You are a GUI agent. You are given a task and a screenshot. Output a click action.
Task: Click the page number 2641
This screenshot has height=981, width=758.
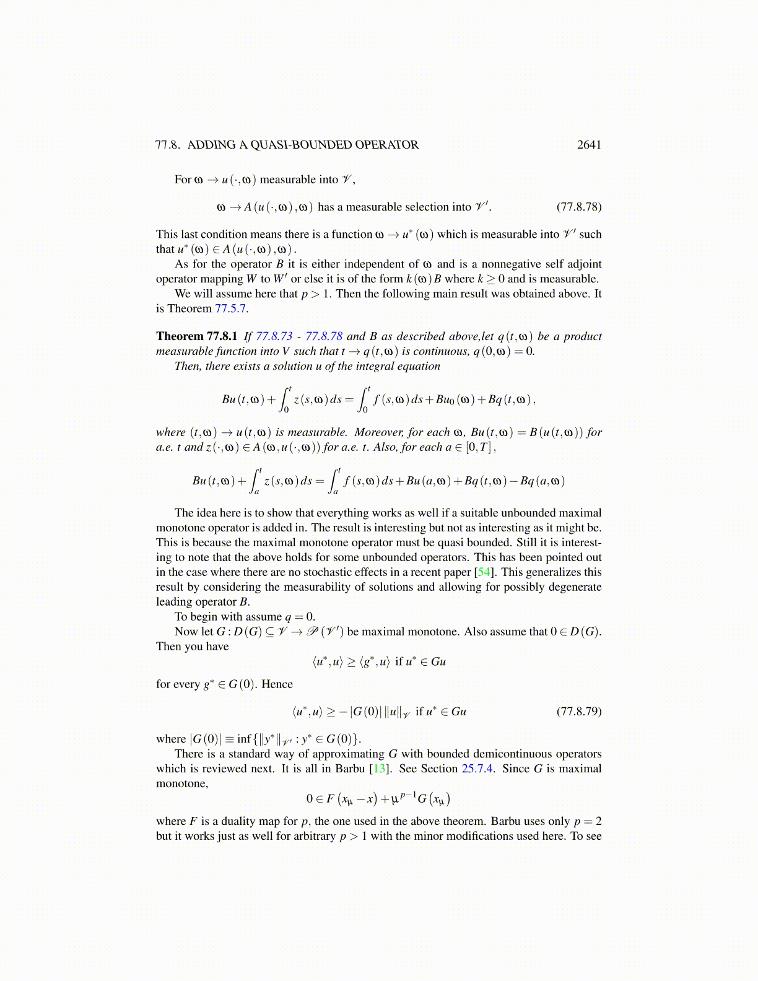coord(588,145)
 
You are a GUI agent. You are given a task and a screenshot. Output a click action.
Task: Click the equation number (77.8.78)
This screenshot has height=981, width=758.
coord(578,207)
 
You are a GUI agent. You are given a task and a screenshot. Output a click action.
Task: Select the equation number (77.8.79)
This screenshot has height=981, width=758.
coord(578,712)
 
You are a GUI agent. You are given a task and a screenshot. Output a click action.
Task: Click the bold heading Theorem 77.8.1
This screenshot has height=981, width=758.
coord(196,336)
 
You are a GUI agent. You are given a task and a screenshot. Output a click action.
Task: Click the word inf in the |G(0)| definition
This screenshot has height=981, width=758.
coord(244,739)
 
